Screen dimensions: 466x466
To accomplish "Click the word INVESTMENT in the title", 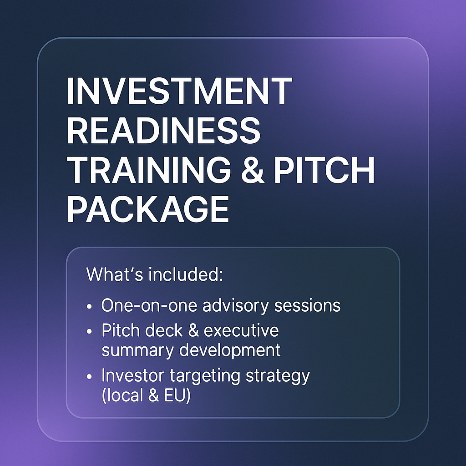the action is (x=179, y=91).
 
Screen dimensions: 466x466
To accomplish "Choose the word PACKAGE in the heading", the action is (x=148, y=209).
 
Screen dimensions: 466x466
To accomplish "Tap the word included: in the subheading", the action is (x=186, y=274).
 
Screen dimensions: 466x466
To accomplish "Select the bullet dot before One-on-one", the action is (x=89, y=306).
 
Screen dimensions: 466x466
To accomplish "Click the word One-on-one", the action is (x=149, y=305).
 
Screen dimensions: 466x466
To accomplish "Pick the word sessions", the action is (x=307, y=305).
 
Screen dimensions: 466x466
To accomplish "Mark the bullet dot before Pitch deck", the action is (x=89, y=332).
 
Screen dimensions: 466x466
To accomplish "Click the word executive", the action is (x=241, y=330).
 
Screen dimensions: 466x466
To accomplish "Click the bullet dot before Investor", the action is (x=89, y=376).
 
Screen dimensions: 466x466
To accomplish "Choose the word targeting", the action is (x=205, y=376).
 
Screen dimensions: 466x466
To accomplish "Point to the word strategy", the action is (x=278, y=376).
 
